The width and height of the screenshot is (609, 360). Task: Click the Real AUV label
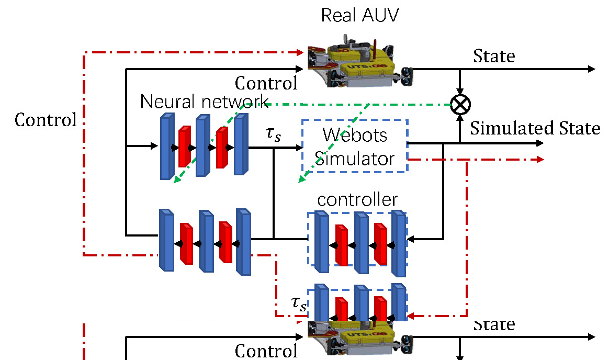pos(360,15)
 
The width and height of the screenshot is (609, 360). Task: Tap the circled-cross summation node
pos(460,104)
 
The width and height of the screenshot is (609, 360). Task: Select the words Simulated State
pos(535,128)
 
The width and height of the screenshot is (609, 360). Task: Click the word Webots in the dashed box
pos(355,134)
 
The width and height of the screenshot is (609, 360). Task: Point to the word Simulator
pos(355,157)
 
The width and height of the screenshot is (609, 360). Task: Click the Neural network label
pos(205,101)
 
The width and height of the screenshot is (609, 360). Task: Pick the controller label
pos(357,199)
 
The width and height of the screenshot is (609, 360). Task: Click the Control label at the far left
pos(46,120)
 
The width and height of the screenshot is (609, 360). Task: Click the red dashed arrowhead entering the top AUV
pos(301,52)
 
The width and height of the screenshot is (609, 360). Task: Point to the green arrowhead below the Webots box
pos(301,181)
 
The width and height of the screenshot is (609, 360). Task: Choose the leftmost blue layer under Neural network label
pos(166,147)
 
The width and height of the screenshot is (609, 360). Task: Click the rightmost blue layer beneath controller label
pos(399,244)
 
